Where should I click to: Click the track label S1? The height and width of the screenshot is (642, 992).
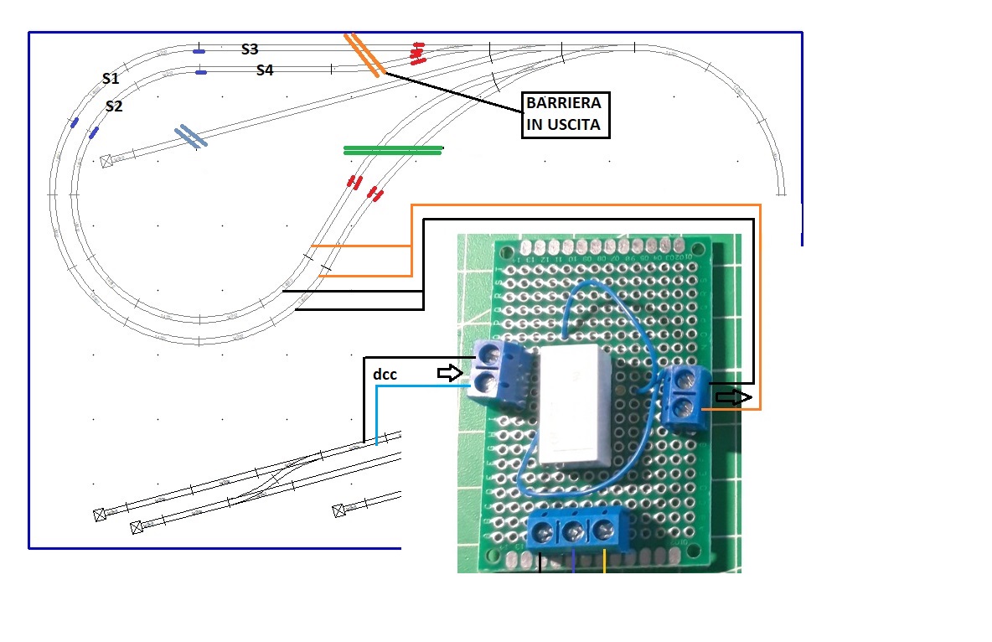pyautogui.click(x=111, y=79)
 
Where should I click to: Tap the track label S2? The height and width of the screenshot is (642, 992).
pyautogui.click(x=115, y=106)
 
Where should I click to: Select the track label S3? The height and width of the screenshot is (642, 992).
pyautogui.click(x=250, y=49)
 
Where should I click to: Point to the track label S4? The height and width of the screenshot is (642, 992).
pyautogui.click(x=265, y=70)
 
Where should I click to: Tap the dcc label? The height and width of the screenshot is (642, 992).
pyautogui.click(x=385, y=375)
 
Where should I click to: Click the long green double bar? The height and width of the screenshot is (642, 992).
pyautogui.click(x=393, y=151)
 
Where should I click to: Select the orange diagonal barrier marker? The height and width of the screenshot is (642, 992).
pyautogui.click(x=364, y=54)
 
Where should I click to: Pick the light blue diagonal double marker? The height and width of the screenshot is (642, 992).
pyautogui.click(x=191, y=137)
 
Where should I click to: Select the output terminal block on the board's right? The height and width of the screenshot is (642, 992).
pyautogui.click(x=685, y=395)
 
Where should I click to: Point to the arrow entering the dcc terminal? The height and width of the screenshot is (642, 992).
pyautogui.click(x=450, y=373)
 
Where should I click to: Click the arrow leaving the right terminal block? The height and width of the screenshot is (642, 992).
pyautogui.click(x=731, y=397)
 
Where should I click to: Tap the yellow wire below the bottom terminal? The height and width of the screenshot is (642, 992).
pyautogui.click(x=605, y=562)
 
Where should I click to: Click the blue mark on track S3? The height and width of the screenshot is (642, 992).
pyautogui.click(x=199, y=51)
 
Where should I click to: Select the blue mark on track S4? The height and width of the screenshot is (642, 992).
pyautogui.click(x=201, y=73)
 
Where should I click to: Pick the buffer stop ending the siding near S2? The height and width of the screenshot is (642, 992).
pyautogui.click(x=106, y=161)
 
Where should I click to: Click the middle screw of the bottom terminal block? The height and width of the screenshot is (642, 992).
pyautogui.click(x=574, y=531)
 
